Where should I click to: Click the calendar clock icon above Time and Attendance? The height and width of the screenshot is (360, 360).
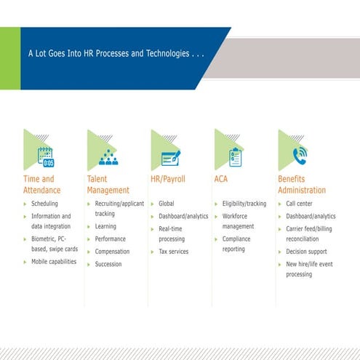(45, 157)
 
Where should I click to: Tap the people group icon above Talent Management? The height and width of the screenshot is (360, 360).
(108, 157)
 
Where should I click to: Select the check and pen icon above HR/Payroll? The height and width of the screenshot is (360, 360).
(172, 156)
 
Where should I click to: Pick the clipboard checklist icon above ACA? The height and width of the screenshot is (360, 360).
(235, 156)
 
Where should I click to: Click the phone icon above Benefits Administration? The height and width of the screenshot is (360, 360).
(299, 156)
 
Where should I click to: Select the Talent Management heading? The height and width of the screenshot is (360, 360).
(108, 184)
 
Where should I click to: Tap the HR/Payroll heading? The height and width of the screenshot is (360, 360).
(169, 178)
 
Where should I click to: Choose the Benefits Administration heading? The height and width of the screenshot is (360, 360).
(302, 184)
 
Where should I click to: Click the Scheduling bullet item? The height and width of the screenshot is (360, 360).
(44, 204)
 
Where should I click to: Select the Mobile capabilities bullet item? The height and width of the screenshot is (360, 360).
(53, 262)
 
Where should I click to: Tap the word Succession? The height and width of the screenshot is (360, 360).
(108, 264)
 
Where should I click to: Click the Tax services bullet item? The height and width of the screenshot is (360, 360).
(173, 252)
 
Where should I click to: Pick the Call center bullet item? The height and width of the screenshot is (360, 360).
(300, 204)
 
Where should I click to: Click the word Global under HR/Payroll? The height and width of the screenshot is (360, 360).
(167, 204)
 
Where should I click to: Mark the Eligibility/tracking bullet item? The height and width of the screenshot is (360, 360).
(244, 204)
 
